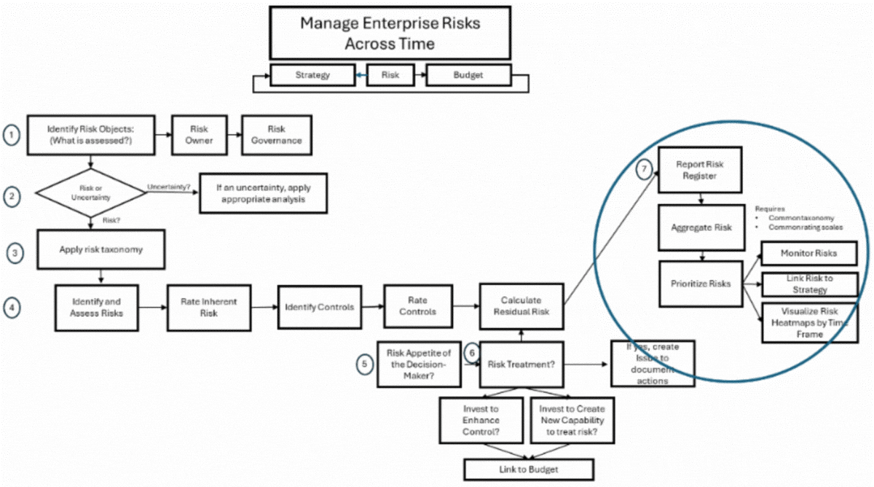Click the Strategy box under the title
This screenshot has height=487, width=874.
tap(312, 75)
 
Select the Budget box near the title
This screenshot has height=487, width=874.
tap(468, 75)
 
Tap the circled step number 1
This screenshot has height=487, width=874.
tap(12, 135)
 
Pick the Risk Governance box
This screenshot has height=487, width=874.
tap(276, 134)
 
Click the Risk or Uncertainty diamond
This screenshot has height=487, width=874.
tap(91, 192)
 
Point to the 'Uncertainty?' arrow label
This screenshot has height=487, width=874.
tap(168, 187)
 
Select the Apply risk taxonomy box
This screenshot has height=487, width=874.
tap(101, 249)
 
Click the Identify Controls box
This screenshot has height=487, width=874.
tap(319, 307)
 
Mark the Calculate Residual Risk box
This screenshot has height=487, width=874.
tap(521, 306)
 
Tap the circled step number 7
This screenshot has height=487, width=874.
tap(642, 168)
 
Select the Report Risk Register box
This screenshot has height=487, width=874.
tap(700, 170)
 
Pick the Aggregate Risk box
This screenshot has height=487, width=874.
tap(701, 227)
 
